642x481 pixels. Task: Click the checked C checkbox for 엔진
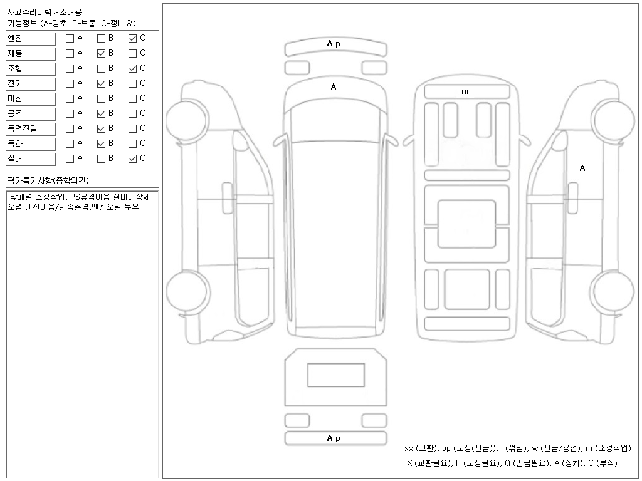[132, 38]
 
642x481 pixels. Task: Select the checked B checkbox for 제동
[101, 54]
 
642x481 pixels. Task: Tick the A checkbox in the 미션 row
[70, 98]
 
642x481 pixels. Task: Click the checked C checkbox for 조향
[132, 69]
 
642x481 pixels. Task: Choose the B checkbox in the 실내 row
[101, 158]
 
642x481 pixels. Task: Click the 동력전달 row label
[31, 129]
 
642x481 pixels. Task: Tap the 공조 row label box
[31, 114]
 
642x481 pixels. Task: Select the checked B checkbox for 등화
[101, 143]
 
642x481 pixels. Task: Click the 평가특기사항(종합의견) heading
[48, 180]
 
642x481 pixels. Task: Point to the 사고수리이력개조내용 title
[45, 12]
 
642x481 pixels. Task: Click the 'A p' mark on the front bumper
[334, 44]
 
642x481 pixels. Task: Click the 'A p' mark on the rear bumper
[334, 438]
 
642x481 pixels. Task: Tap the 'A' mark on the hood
[334, 86]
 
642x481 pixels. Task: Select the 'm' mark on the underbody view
[465, 91]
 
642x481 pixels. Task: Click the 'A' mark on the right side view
[582, 168]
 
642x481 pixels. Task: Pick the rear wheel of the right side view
[613, 290]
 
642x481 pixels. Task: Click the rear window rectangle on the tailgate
[336, 375]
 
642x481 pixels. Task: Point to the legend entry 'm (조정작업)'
[608, 448]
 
